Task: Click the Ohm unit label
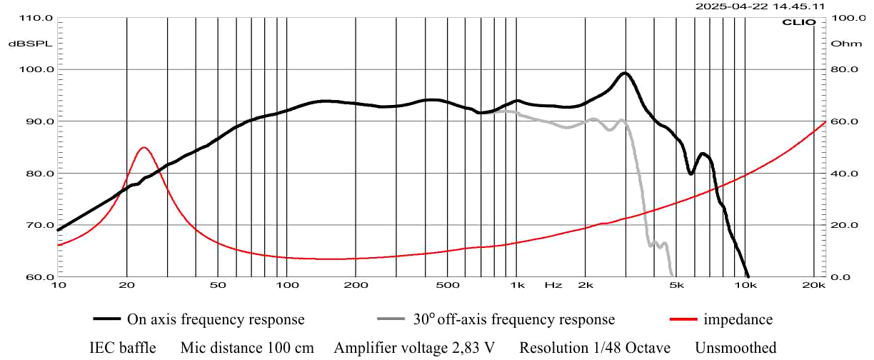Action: pos(843,44)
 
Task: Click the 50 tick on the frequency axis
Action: pos(218,285)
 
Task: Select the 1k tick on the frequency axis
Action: pos(518,285)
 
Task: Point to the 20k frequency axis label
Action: pos(813,285)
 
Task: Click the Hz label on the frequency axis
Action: pos(553,285)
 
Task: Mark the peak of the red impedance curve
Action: pos(144,147)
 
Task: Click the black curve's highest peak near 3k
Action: pos(625,73)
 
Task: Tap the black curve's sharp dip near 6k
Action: pos(690,173)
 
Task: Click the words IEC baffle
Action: pos(122,348)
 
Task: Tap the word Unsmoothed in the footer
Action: pos(735,348)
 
